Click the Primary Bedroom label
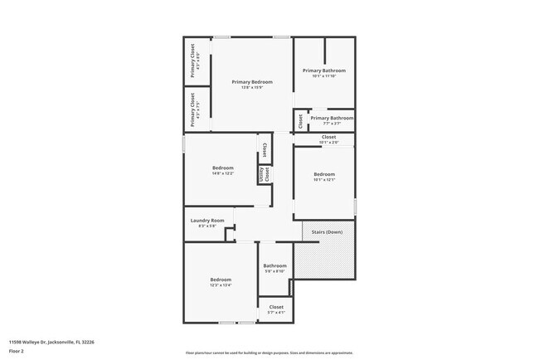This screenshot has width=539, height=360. coord(252,81)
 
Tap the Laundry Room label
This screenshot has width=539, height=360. coord(207,220)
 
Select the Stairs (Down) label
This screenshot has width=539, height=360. coord(328,231)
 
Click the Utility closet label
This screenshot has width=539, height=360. coord(264,174)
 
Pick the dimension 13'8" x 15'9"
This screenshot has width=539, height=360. coord(252,88)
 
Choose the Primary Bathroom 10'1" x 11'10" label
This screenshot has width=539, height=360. coord(323,71)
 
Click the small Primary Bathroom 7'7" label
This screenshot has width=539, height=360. coord(332,119)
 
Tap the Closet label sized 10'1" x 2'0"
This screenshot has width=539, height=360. coord(328,137)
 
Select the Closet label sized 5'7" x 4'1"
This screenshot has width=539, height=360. coord(276,307)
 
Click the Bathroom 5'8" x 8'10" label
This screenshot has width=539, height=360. coord(274,265)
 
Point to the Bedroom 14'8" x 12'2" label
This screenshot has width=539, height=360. coord(222,168)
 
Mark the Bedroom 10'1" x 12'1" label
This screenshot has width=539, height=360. coord(323,173)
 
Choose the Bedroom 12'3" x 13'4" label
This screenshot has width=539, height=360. coord(220,280)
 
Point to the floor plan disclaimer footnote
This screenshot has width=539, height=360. coord(270,353)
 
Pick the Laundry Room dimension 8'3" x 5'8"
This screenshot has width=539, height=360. coord(207,226)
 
